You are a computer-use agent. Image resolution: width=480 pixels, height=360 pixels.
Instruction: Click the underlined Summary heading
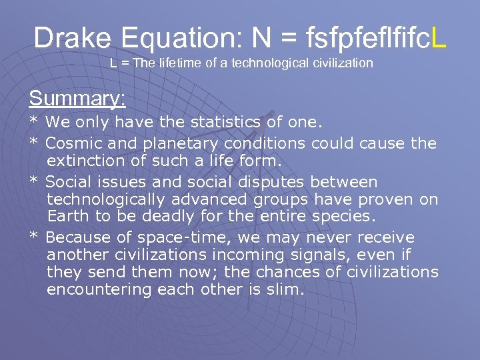pyautogui.click(x=77, y=99)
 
